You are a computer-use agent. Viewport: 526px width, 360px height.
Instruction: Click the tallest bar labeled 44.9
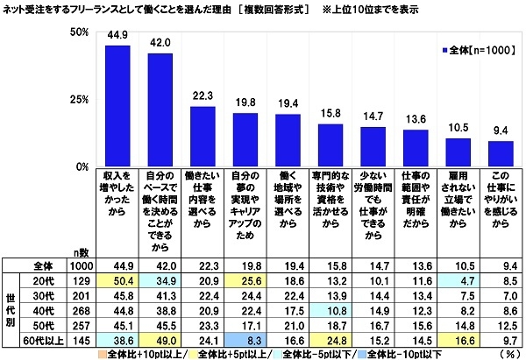point(117,105)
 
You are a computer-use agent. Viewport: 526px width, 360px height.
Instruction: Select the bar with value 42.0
point(160,109)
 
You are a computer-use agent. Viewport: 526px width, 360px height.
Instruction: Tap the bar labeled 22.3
point(203,136)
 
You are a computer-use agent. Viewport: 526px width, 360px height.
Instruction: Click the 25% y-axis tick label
point(77,99)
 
